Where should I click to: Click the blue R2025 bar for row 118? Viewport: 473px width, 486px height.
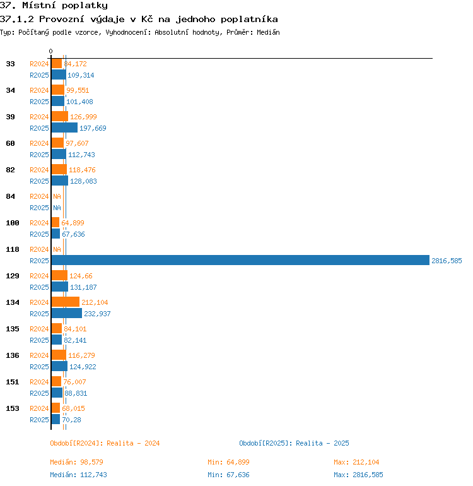click(x=240, y=260)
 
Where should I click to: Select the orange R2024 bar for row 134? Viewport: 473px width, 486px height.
click(x=66, y=302)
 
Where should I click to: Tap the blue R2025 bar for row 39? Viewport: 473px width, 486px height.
click(x=64, y=127)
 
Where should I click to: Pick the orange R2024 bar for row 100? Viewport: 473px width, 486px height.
click(x=55, y=222)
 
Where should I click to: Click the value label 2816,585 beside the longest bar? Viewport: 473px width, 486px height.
click(x=447, y=261)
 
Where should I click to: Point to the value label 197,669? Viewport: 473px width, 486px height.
click(x=93, y=128)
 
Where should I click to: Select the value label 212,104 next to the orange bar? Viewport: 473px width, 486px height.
click(x=95, y=302)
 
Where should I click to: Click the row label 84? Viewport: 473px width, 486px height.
click(x=10, y=196)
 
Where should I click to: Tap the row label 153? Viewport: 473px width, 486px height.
click(x=13, y=408)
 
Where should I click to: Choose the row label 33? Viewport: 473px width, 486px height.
click(x=10, y=64)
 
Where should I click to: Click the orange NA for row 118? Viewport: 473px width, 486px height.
click(x=57, y=249)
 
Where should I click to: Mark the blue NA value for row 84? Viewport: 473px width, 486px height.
click(x=57, y=208)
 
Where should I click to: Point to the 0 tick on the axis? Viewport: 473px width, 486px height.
click(x=51, y=51)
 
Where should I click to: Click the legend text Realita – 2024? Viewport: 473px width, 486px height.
click(x=133, y=443)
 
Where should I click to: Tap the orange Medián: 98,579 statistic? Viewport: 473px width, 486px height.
click(x=76, y=462)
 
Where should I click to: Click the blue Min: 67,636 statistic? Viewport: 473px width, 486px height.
click(x=228, y=475)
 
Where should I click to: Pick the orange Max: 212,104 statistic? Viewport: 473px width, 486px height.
click(x=356, y=462)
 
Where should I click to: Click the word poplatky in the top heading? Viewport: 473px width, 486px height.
click(x=85, y=6)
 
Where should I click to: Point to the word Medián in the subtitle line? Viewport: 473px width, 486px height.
click(x=268, y=32)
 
